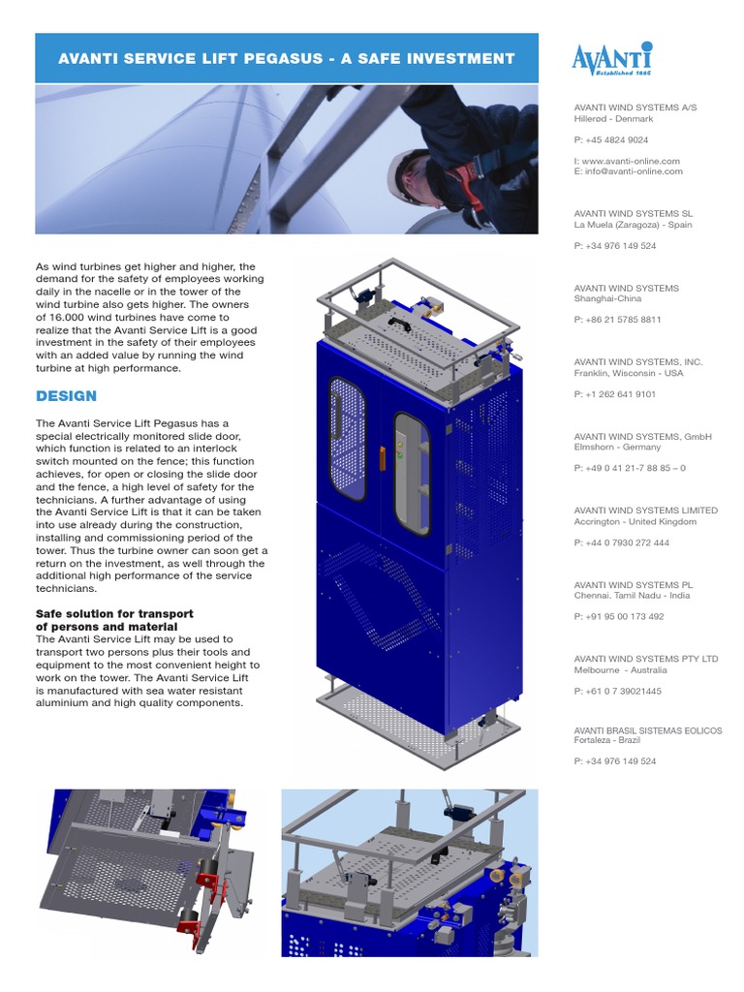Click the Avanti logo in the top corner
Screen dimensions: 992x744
[x=611, y=59]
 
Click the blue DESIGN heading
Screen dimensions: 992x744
[x=66, y=395]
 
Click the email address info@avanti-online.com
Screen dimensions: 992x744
[x=633, y=171]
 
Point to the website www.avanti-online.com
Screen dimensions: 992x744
[x=631, y=161]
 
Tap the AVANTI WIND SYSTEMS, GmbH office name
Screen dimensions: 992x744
[x=642, y=437]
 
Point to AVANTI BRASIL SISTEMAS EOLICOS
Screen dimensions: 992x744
[x=647, y=730]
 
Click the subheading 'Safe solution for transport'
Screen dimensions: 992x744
[x=114, y=614]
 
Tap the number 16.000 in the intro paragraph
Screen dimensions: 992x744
[x=68, y=317]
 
